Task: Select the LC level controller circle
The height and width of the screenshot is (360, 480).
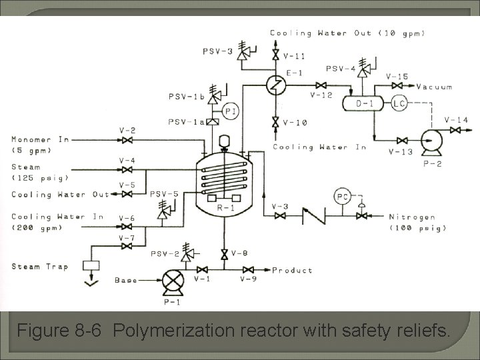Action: pos(399,103)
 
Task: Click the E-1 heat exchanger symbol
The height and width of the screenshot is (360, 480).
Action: pos(275,85)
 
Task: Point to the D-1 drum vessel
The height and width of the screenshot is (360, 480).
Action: pos(363,103)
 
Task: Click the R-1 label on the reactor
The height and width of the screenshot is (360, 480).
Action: pos(223,207)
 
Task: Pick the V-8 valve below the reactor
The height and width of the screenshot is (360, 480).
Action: pos(224,253)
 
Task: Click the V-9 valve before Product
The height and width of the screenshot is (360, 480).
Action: pos(249,270)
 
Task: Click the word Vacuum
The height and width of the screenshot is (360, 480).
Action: pos(435,87)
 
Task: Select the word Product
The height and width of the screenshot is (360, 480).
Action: pos(292,271)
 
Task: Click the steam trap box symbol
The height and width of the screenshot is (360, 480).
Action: pos(91,265)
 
